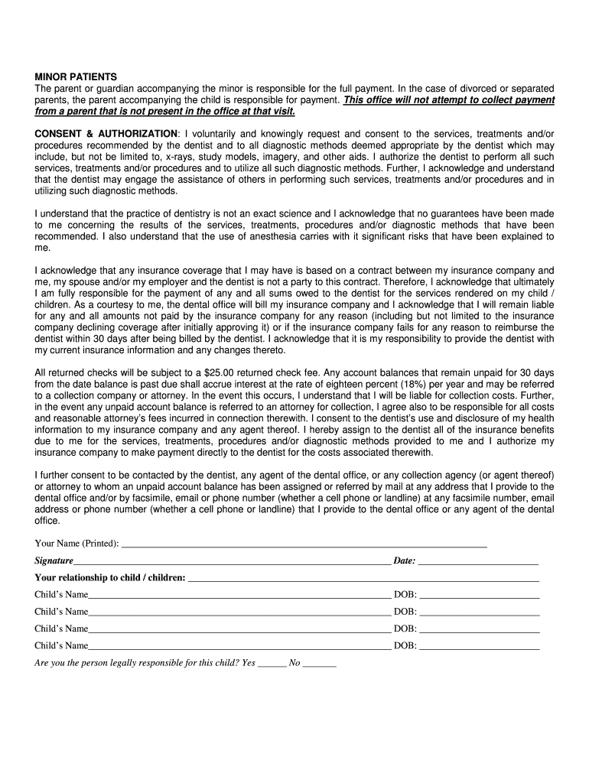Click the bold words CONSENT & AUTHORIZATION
pyautogui.click(x=106, y=134)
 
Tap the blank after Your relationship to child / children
pyautogui.click(x=363, y=577)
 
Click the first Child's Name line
pyautogui.click(x=239, y=594)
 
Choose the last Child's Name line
pyautogui.click(x=239, y=646)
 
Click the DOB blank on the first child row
pyautogui.click(x=480, y=594)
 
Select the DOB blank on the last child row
pyautogui.click(x=480, y=646)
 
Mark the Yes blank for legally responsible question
pyautogui.click(x=272, y=663)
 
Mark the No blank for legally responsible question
pyautogui.click(x=320, y=663)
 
